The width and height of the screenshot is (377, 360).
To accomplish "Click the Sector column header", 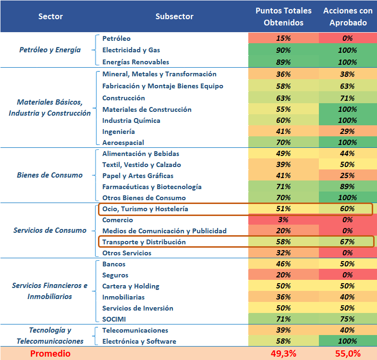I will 50,16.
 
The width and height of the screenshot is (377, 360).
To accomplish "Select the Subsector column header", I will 174,16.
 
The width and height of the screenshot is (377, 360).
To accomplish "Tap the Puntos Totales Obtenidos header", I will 283,16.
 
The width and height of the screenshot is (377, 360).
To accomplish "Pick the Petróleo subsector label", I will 116,38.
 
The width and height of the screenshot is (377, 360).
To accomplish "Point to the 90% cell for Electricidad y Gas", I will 283,50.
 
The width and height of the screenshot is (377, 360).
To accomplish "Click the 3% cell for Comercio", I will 283,220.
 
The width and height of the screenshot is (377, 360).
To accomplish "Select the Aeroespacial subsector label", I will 123,143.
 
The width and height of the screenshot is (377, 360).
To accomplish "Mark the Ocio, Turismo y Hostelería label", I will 145,209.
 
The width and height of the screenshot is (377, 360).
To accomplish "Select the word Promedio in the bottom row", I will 50,354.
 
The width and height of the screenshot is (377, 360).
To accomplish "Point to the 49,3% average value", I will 283,354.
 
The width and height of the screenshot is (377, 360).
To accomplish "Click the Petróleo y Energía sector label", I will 50,50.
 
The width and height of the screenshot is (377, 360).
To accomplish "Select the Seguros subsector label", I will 115,275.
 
